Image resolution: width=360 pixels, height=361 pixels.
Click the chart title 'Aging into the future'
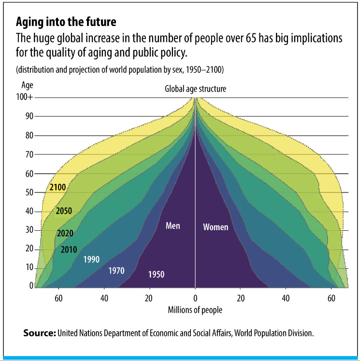pyautogui.click(x=66, y=22)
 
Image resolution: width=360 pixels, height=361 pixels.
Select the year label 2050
pyautogui.click(x=64, y=210)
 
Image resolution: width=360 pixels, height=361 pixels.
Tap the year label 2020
pyautogui.click(x=65, y=234)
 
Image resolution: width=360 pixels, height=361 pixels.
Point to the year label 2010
pyautogui.click(x=69, y=250)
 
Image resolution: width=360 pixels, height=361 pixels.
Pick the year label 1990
pyautogui.click(x=91, y=259)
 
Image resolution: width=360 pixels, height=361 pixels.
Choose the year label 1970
pyautogui.click(x=116, y=270)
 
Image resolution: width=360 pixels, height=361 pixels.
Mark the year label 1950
pyautogui.click(x=156, y=275)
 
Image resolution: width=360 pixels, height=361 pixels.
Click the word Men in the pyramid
pyautogui.click(x=173, y=225)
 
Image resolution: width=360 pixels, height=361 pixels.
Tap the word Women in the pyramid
pyautogui.click(x=216, y=227)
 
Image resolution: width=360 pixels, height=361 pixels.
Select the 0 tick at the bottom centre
pyautogui.click(x=195, y=297)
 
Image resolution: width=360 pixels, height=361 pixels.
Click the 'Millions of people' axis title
pyautogui.click(x=195, y=310)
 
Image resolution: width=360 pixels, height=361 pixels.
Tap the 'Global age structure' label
pyautogui.click(x=195, y=89)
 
